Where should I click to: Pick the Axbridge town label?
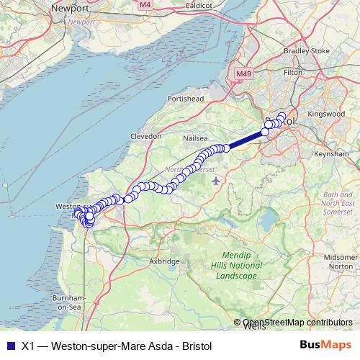(164, 261)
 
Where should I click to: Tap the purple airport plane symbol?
(217, 179)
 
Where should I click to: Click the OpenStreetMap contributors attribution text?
(297, 323)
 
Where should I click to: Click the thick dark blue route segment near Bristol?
(246, 140)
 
